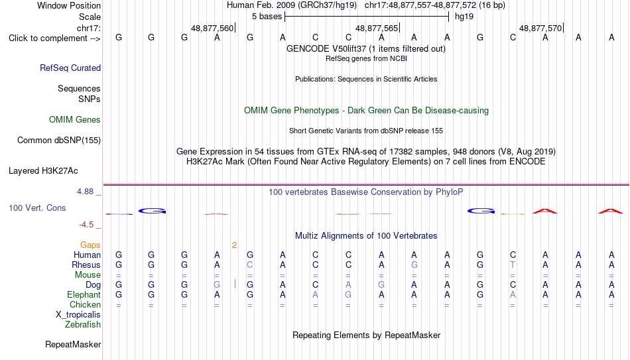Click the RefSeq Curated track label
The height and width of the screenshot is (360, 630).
pos(70,68)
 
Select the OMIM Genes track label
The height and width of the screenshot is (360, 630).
pos(75,120)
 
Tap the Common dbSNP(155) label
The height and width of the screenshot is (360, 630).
pos(59,141)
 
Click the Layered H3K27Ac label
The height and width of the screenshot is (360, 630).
pos(43,171)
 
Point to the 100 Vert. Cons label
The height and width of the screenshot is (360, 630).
pos(37,208)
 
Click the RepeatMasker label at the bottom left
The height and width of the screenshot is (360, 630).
pos(73,344)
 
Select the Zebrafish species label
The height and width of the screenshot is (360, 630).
pos(83,324)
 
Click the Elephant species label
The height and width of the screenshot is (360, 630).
pos(84,294)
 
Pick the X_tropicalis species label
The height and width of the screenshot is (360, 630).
pos(78,315)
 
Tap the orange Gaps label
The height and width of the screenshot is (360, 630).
pos(90,245)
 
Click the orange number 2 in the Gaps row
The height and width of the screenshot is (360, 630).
pos(234,245)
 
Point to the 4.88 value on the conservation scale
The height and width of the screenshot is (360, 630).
pos(85,192)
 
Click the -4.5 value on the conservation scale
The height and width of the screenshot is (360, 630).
pos(86,225)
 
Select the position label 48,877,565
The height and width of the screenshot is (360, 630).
pos(377,28)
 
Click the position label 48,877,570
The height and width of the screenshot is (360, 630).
pos(540,28)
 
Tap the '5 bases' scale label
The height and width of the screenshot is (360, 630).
pos(267,17)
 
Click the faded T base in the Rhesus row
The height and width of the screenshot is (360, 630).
pos(513,265)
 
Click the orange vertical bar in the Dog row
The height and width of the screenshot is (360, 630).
pos(235,284)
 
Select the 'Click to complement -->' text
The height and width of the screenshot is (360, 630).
pos(54,38)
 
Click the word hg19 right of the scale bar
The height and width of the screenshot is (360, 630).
pos(464,17)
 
